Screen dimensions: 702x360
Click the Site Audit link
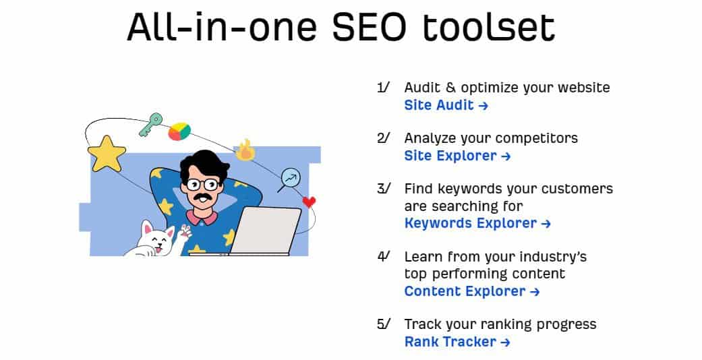[446, 105]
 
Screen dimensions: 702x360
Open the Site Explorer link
[457, 156]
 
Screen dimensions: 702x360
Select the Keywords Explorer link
[477, 223]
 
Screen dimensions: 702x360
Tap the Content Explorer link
[472, 291]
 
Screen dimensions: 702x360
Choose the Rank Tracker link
[457, 342]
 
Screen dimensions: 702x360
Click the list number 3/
[383, 189]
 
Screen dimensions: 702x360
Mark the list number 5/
[383, 324]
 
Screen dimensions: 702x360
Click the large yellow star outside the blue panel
[107, 154]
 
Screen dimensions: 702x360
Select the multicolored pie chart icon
[179, 131]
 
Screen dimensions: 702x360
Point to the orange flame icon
[245, 150]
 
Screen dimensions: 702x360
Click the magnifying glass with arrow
[289, 179]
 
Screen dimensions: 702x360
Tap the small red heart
[309, 202]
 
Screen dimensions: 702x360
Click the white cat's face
[157, 239]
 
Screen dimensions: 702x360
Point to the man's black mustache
[204, 198]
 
